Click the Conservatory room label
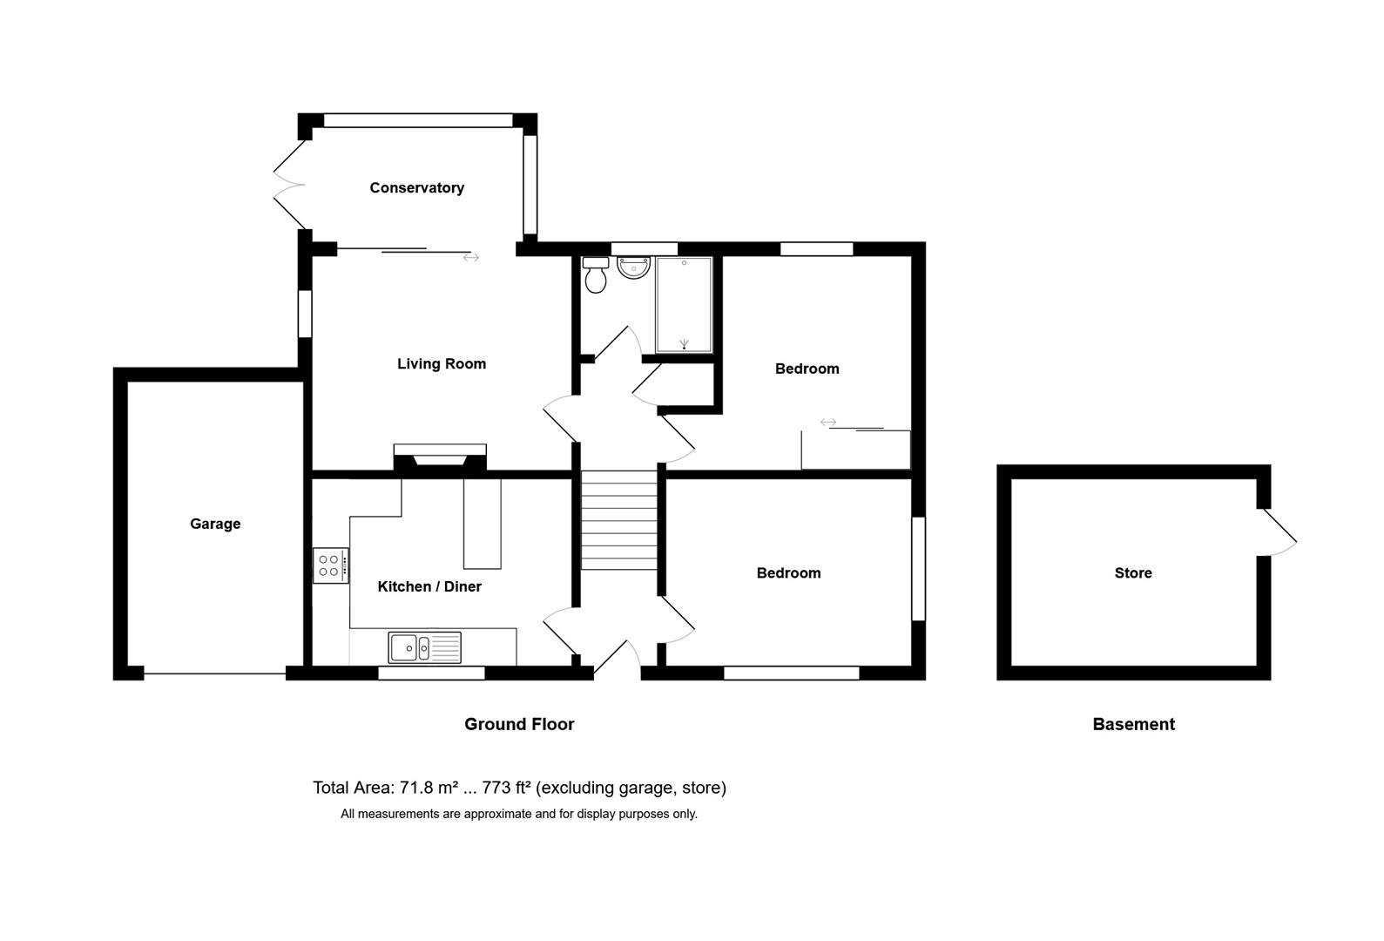[x=416, y=188]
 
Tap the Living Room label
[x=441, y=364]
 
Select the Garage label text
[x=215, y=524]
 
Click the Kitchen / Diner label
[x=429, y=587]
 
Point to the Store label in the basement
[x=1132, y=573]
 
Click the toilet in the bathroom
[x=596, y=275]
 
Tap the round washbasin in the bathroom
[x=633, y=267]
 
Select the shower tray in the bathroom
[x=684, y=305]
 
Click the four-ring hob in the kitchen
[x=330, y=565]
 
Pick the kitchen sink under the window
[x=424, y=647]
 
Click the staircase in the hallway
[x=618, y=520]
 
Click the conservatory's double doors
[x=289, y=184]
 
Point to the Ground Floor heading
[x=519, y=724]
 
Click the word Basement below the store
[x=1133, y=724]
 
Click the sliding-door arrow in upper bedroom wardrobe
[x=828, y=423]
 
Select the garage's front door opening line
[x=214, y=673]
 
